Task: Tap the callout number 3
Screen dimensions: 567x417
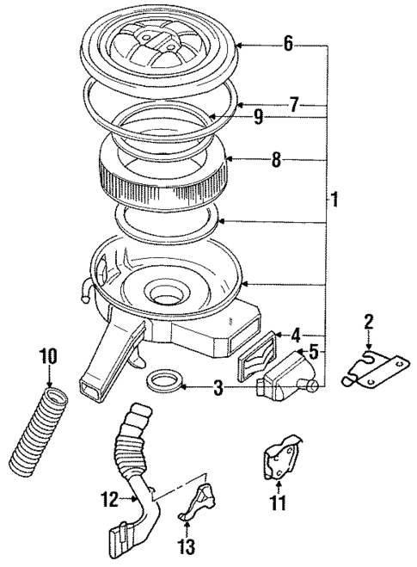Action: (x=219, y=389)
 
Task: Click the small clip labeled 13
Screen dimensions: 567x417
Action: (x=195, y=502)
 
